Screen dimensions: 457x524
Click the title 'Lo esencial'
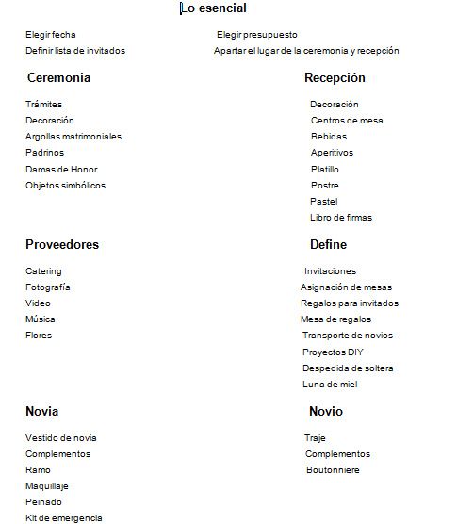tap(214, 8)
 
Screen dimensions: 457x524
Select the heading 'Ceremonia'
tap(58, 78)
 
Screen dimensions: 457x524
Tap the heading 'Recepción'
tap(335, 78)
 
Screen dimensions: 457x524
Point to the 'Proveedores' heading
tap(62, 245)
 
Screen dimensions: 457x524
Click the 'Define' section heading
tap(328, 245)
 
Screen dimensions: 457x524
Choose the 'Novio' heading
tap(326, 412)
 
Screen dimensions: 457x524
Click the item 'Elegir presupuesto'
tap(257, 35)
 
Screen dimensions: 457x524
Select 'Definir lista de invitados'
tap(75, 51)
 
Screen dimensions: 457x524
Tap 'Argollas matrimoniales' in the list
tap(73, 137)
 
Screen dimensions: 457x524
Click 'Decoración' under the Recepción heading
tap(335, 105)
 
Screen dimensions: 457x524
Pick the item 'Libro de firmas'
tap(341, 218)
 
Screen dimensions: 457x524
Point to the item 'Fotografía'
tap(48, 287)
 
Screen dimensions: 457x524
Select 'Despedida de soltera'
tap(348, 368)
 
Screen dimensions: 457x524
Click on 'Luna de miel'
tap(330, 385)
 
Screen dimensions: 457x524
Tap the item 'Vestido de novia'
tap(61, 438)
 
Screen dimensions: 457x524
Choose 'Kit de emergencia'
tap(64, 518)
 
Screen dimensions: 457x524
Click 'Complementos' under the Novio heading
tap(337, 454)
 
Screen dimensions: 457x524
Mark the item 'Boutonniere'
tap(333, 470)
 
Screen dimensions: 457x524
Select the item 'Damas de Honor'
tap(61, 170)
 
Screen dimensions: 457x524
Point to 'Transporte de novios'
tap(348, 336)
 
